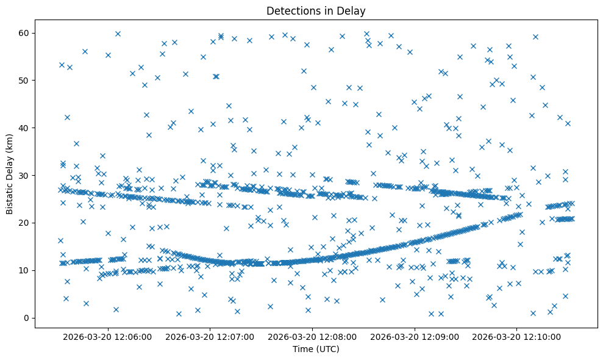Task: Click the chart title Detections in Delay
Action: pyautogui.click(x=316, y=10)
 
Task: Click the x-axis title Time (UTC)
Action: pyautogui.click(x=316, y=350)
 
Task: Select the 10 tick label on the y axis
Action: pyautogui.click(x=25, y=270)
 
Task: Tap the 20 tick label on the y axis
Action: pyautogui.click(x=25, y=223)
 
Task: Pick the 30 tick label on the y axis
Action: pyautogui.click(x=25, y=175)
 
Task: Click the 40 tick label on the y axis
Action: pyautogui.click(x=25, y=128)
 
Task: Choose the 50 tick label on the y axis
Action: pyautogui.click(x=25, y=80)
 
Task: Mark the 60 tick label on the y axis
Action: pyautogui.click(x=25, y=32)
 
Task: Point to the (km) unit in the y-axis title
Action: pyautogui.click(x=10, y=139)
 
